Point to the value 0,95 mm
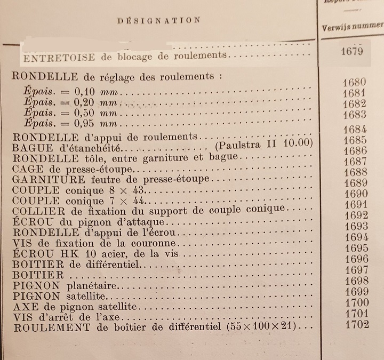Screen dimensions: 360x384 (x=98, y=124)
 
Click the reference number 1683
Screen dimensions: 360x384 (x=355, y=115)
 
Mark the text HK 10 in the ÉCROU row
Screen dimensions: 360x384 (x=71, y=254)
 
